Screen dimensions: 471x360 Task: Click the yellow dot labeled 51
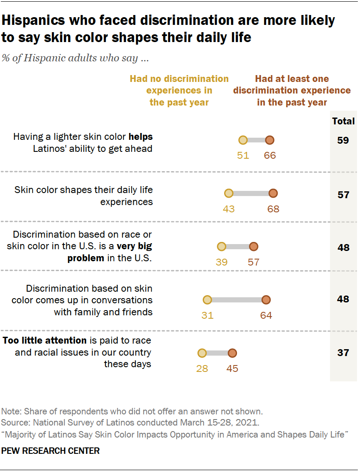[243, 140]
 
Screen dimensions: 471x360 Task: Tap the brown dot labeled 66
[270, 140]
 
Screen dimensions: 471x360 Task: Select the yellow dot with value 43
[229, 193]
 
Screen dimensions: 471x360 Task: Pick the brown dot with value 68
[273, 193]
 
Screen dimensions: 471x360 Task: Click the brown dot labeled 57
[254, 247]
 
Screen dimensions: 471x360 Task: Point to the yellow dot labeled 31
[207, 300]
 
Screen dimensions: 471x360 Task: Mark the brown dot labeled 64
[266, 300]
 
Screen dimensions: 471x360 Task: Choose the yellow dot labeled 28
[202, 353]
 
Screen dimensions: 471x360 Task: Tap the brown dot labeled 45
[232, 353]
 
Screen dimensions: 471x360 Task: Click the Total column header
[343, 121]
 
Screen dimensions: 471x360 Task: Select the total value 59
[343, 140]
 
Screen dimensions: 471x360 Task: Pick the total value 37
[343, 353]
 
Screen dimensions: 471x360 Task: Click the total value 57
[343, 195]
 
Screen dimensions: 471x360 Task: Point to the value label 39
[222, 262]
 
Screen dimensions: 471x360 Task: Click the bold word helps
[141, 137]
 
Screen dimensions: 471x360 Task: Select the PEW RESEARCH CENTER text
[51, 451]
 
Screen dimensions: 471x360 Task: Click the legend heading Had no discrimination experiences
[179, 91]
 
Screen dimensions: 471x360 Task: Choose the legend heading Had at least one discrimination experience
[292, 91]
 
